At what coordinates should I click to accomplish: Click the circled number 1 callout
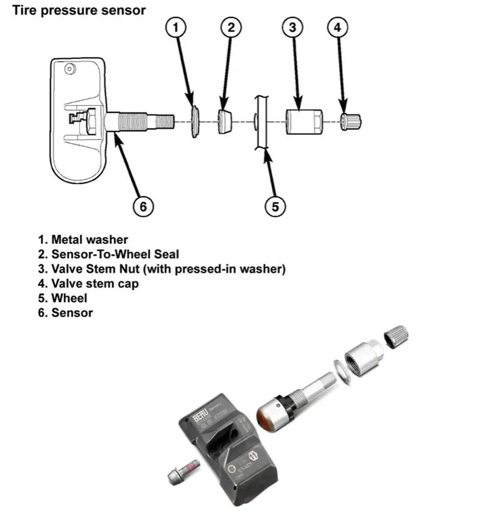point(176,28)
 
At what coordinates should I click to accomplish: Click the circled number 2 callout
point(231,28)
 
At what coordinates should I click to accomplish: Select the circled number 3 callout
point(292,28)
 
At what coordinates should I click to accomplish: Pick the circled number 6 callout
point(143,206)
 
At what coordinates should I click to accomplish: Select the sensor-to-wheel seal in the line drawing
point(225,121)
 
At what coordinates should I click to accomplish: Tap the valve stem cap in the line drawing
point(351,122)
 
